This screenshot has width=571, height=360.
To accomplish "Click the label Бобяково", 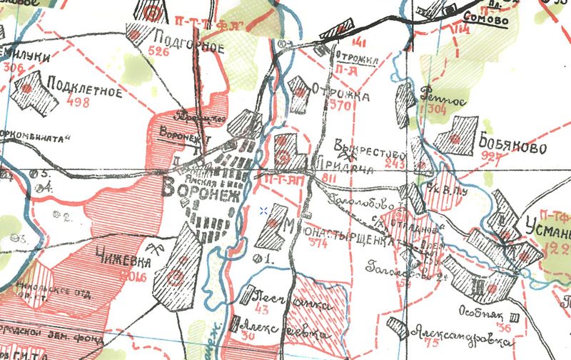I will tap(508, 147).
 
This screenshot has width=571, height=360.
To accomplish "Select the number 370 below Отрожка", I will tap(322, 105).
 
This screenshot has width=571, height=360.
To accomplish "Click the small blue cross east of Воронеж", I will tap(264, 210).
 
